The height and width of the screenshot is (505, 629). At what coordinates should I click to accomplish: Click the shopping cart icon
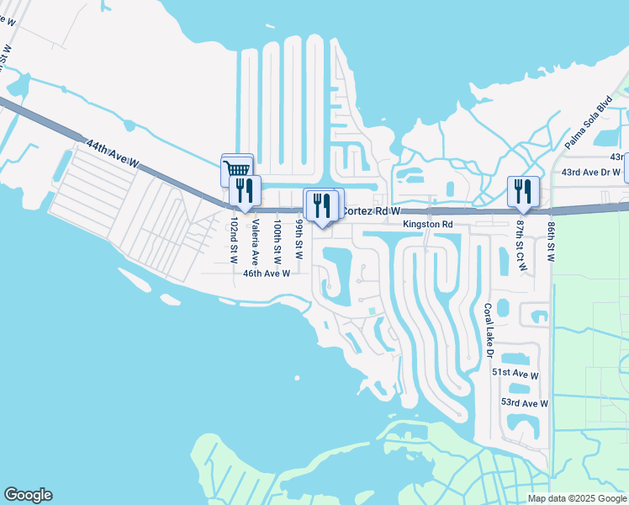236,169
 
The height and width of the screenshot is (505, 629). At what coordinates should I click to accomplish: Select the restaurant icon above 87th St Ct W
522,192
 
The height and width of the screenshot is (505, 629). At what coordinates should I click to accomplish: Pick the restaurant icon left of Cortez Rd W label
320,205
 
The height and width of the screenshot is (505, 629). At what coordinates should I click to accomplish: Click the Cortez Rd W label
371,211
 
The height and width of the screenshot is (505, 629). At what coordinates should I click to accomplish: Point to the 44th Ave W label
110,156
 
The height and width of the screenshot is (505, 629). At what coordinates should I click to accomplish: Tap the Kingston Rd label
428,225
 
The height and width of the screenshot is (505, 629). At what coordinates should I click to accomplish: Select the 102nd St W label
235,242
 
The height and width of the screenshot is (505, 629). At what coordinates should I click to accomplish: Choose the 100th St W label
277,242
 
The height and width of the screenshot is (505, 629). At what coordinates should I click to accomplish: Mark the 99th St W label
299,239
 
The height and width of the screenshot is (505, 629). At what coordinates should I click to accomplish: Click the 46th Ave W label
267,274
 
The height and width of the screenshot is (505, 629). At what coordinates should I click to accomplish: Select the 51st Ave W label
515,373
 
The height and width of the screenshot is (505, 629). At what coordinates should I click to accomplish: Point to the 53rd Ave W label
524,403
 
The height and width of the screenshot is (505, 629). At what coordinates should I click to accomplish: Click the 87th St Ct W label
521,246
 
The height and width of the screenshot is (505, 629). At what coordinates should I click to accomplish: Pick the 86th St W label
551,242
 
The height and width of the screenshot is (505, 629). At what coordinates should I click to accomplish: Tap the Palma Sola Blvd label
589,121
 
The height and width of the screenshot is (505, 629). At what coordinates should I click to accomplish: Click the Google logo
28,495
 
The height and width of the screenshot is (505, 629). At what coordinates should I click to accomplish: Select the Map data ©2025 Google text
578,498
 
